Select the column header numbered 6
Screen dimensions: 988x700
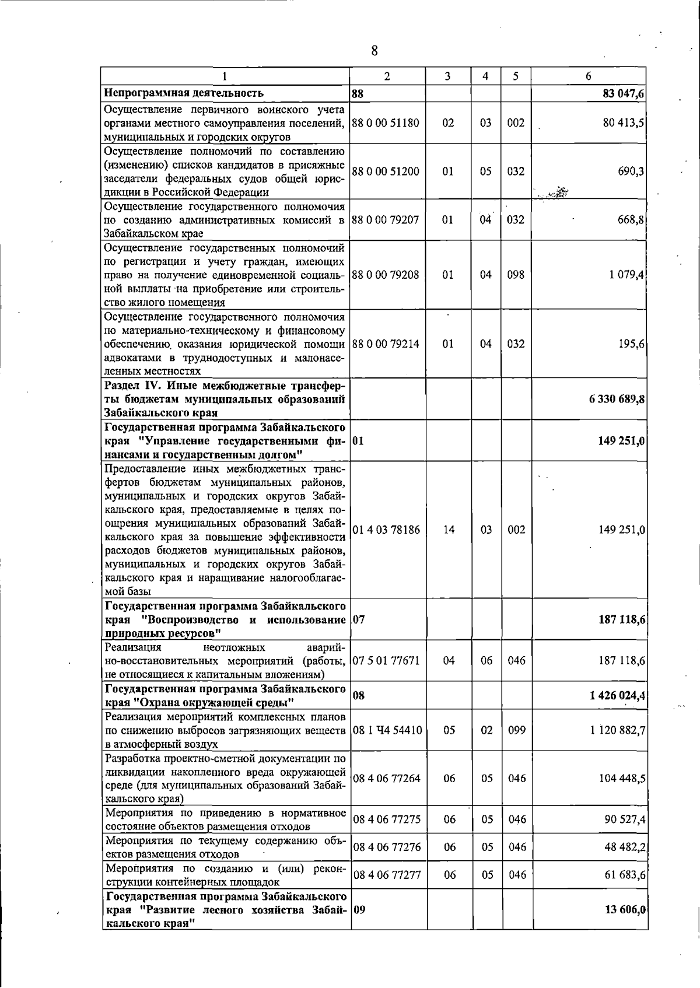tap(589, 76)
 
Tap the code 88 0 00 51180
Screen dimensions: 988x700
tap(386, 123)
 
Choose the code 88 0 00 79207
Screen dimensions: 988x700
tap(386, 220)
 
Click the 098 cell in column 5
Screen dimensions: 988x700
tap(516, 275)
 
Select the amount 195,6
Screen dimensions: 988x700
tap(632, 344)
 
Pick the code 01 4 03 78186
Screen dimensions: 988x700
tap(386, 530)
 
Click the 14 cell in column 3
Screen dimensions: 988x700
tap(448, 530)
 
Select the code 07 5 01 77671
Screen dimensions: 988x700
tap(386, 661)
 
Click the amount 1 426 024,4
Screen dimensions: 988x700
tap(615, 695)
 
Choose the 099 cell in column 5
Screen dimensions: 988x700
tap(516, 730)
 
